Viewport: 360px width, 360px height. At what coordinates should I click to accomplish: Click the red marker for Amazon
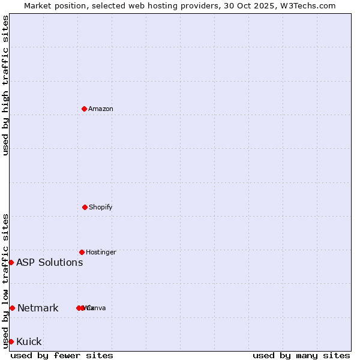pyautogui.click(x=84, y=109)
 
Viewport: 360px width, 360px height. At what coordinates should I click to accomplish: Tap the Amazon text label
pyautogui.click(x=101, y=109)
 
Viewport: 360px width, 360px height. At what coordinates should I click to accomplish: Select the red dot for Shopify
pyautogui.click(x=85, y=207)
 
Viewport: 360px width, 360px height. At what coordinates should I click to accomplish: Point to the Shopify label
pyautogui.click(x=101, y=207)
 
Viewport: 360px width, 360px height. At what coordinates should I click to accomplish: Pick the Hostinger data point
pyautogui.click(x=82, y=252)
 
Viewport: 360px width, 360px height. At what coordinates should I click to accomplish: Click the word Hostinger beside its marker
pyautogui.click(x=101, y=252)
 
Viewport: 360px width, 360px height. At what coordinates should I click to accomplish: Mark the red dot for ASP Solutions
pyautogui.click(x=11, y=262)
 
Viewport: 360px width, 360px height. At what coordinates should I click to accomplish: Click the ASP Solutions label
pyautogui.click(x=49, y=262)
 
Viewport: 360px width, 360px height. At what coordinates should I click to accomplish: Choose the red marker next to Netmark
pyautogui.click(x=12, y=308)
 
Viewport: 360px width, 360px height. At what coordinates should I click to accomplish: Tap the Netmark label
pyautogui.click(x=38, y=308)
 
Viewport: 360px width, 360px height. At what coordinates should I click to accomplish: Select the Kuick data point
pyautogui.click(x=11, y=341)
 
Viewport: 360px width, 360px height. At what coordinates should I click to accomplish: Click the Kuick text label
pyautogui.click(x=29, y=342)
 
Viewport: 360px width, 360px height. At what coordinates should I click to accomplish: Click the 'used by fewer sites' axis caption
pyautogui.click(x=62, y=355)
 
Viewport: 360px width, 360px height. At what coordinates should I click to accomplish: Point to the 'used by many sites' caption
pyautogui.click(x=301, y=355)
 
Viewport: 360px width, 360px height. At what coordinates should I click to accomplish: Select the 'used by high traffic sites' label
pyautogui.click(x=5, y=85)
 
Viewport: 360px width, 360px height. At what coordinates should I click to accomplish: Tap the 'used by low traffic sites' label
pyautogui.click(x=5, y=281)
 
